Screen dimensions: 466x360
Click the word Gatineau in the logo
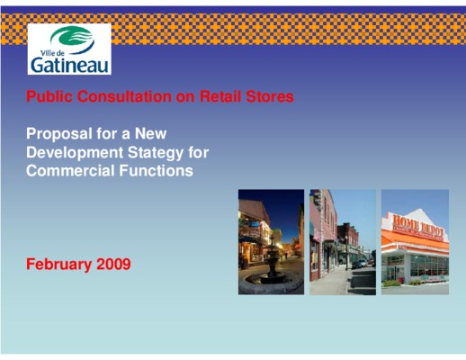(69, 65)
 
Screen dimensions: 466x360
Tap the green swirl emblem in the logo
(72, 39)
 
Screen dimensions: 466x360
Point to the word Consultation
(124, 96)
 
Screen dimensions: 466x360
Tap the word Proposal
(59, 134)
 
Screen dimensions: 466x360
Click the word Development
(75, 153)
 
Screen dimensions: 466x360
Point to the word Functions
(156, 171)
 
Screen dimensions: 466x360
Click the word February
(59, 265)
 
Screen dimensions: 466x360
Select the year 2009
(113, 265)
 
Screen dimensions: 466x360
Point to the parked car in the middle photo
(359, 264)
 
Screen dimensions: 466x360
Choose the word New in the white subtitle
(150, 133)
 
